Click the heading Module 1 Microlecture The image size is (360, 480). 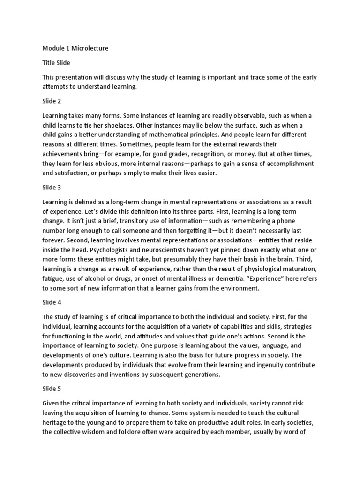pos(75,48)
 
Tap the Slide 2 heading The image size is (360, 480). pos(52,101)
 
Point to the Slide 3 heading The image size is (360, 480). pos(52,187)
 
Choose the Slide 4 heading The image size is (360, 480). pos(52,302)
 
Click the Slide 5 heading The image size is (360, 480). pos(52,389)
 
